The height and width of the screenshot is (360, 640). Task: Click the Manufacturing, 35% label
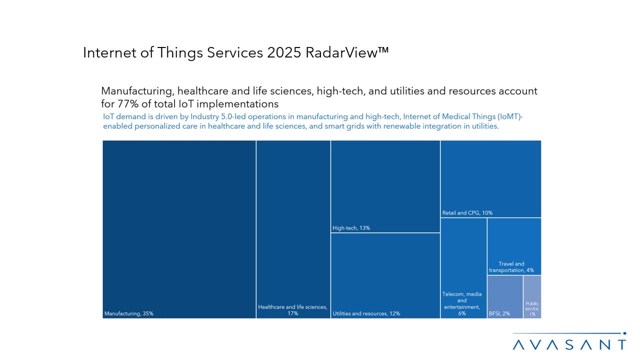point(129,313)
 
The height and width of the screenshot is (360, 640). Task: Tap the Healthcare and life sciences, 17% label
point(292,310)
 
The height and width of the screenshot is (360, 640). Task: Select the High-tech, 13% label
point(351,228)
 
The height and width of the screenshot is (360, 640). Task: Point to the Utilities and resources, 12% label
point(366,313)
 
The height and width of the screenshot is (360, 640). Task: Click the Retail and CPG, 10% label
point(467,212)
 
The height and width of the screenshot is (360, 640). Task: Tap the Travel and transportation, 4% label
point(511,267)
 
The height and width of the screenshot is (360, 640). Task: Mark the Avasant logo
point(569,344)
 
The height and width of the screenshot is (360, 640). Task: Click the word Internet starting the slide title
point(111,53)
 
